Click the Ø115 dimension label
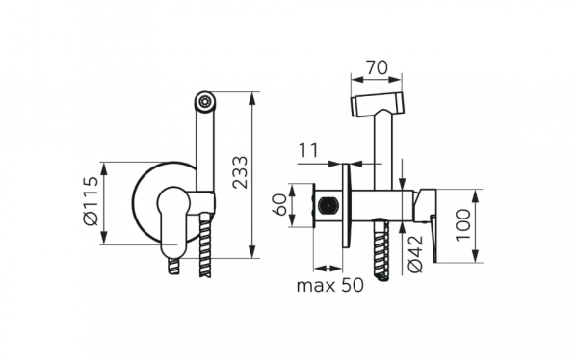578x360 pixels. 91,201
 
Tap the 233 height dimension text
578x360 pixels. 240,172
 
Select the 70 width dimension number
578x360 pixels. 377,67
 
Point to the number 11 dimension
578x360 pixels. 307,151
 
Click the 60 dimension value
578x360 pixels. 279,204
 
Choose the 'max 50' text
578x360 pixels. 329,285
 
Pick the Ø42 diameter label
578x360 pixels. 415,254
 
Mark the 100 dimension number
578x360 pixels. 463,225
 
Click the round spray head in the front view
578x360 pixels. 205,102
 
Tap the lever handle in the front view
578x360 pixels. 173,220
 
